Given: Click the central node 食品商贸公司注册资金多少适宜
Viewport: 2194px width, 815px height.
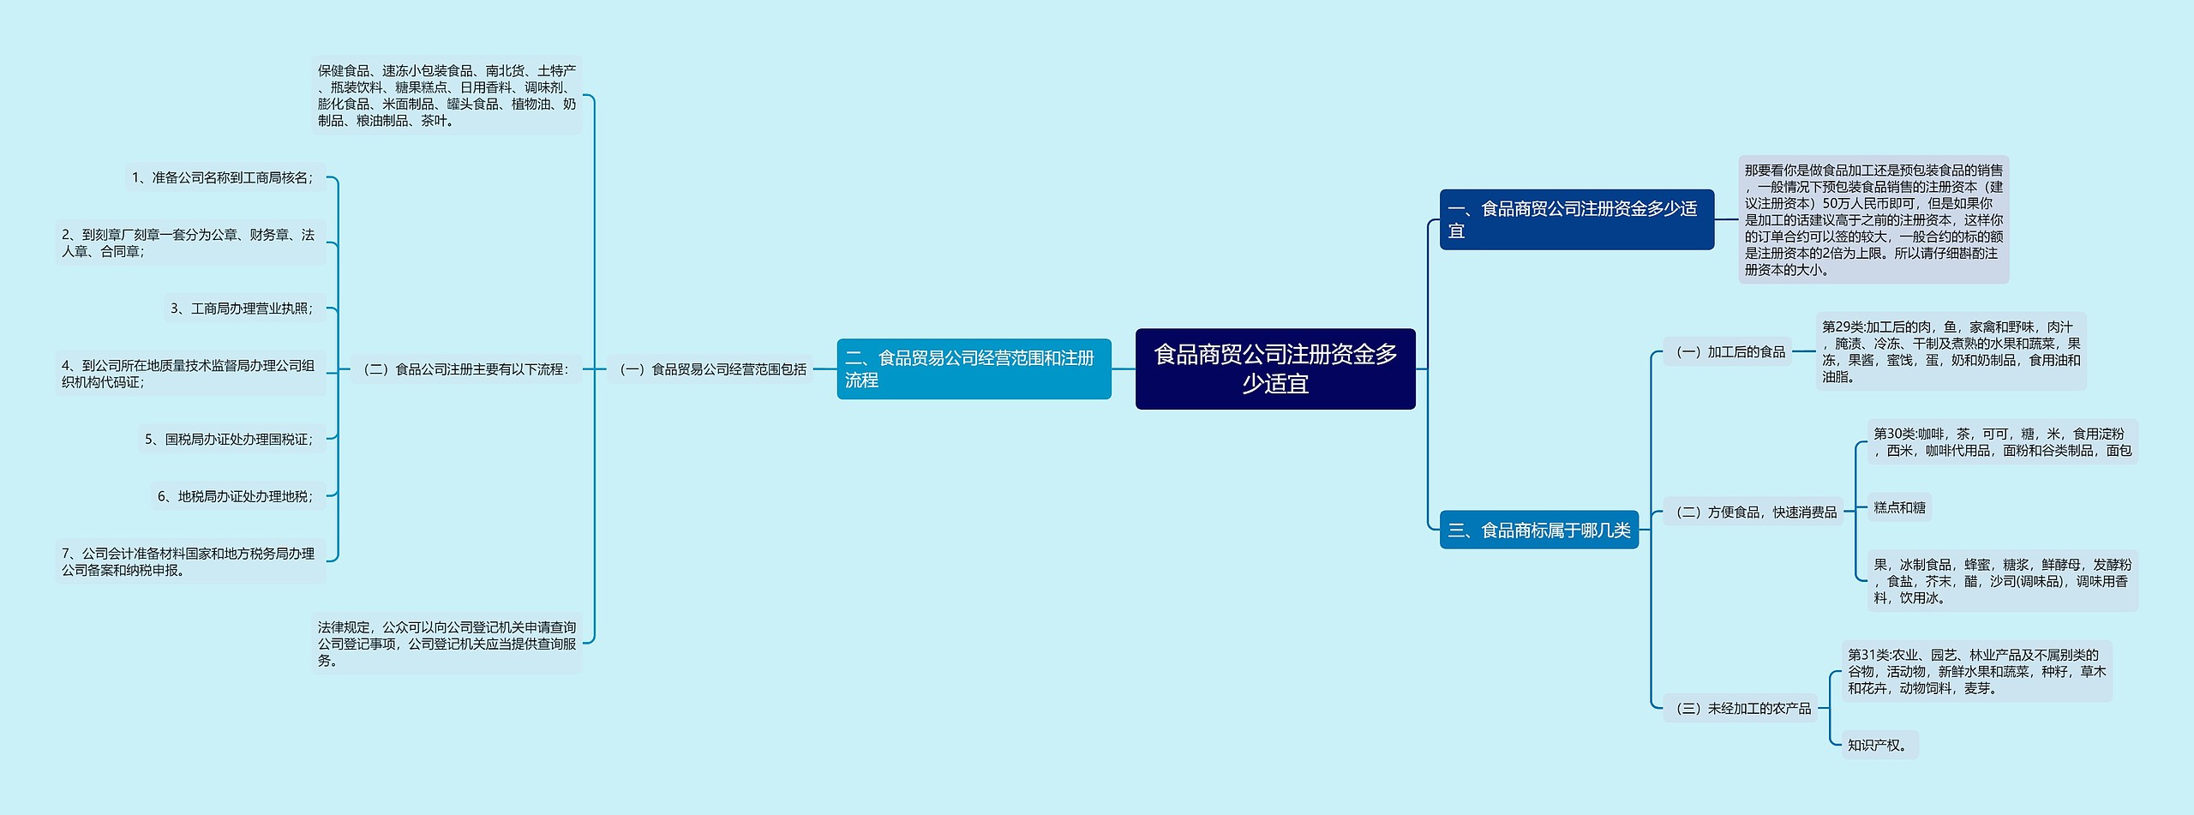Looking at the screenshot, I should pos(1275,369).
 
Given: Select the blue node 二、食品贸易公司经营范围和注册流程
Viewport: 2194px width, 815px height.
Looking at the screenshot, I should pos(974,369).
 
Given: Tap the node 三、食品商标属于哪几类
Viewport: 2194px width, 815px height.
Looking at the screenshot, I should pos(1538,530).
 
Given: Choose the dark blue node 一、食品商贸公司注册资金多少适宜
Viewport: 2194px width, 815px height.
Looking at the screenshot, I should pos(1576,219).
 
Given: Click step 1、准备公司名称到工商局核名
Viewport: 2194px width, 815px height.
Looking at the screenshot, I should pos(223,177).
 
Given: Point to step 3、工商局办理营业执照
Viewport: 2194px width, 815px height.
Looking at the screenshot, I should pos(243,308).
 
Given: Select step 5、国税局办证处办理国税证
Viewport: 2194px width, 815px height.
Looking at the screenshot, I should pos(230,439).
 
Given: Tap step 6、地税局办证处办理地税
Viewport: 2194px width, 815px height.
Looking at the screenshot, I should pos(237,496).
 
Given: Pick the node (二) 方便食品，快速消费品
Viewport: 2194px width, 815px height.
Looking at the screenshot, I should pos(1753,512).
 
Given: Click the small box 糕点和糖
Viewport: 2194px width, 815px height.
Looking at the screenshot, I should pos(1899,507).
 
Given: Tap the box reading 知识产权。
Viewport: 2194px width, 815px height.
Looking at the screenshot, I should pos(1879,745).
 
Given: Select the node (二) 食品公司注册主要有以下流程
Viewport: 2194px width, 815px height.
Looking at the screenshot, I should pos(466,369).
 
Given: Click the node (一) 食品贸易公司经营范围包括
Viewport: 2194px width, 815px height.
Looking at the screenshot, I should pos(710,369).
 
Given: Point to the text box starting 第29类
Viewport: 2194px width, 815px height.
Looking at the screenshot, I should pos(1951,351).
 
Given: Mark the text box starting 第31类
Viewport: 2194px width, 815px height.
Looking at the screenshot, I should pos(1976,671).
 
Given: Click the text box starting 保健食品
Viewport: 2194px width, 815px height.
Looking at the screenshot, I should pos(447,95).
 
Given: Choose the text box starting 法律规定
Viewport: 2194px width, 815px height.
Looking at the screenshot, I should pos(447,644).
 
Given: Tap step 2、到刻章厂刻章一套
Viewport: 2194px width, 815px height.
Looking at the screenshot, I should pos(189,243).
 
